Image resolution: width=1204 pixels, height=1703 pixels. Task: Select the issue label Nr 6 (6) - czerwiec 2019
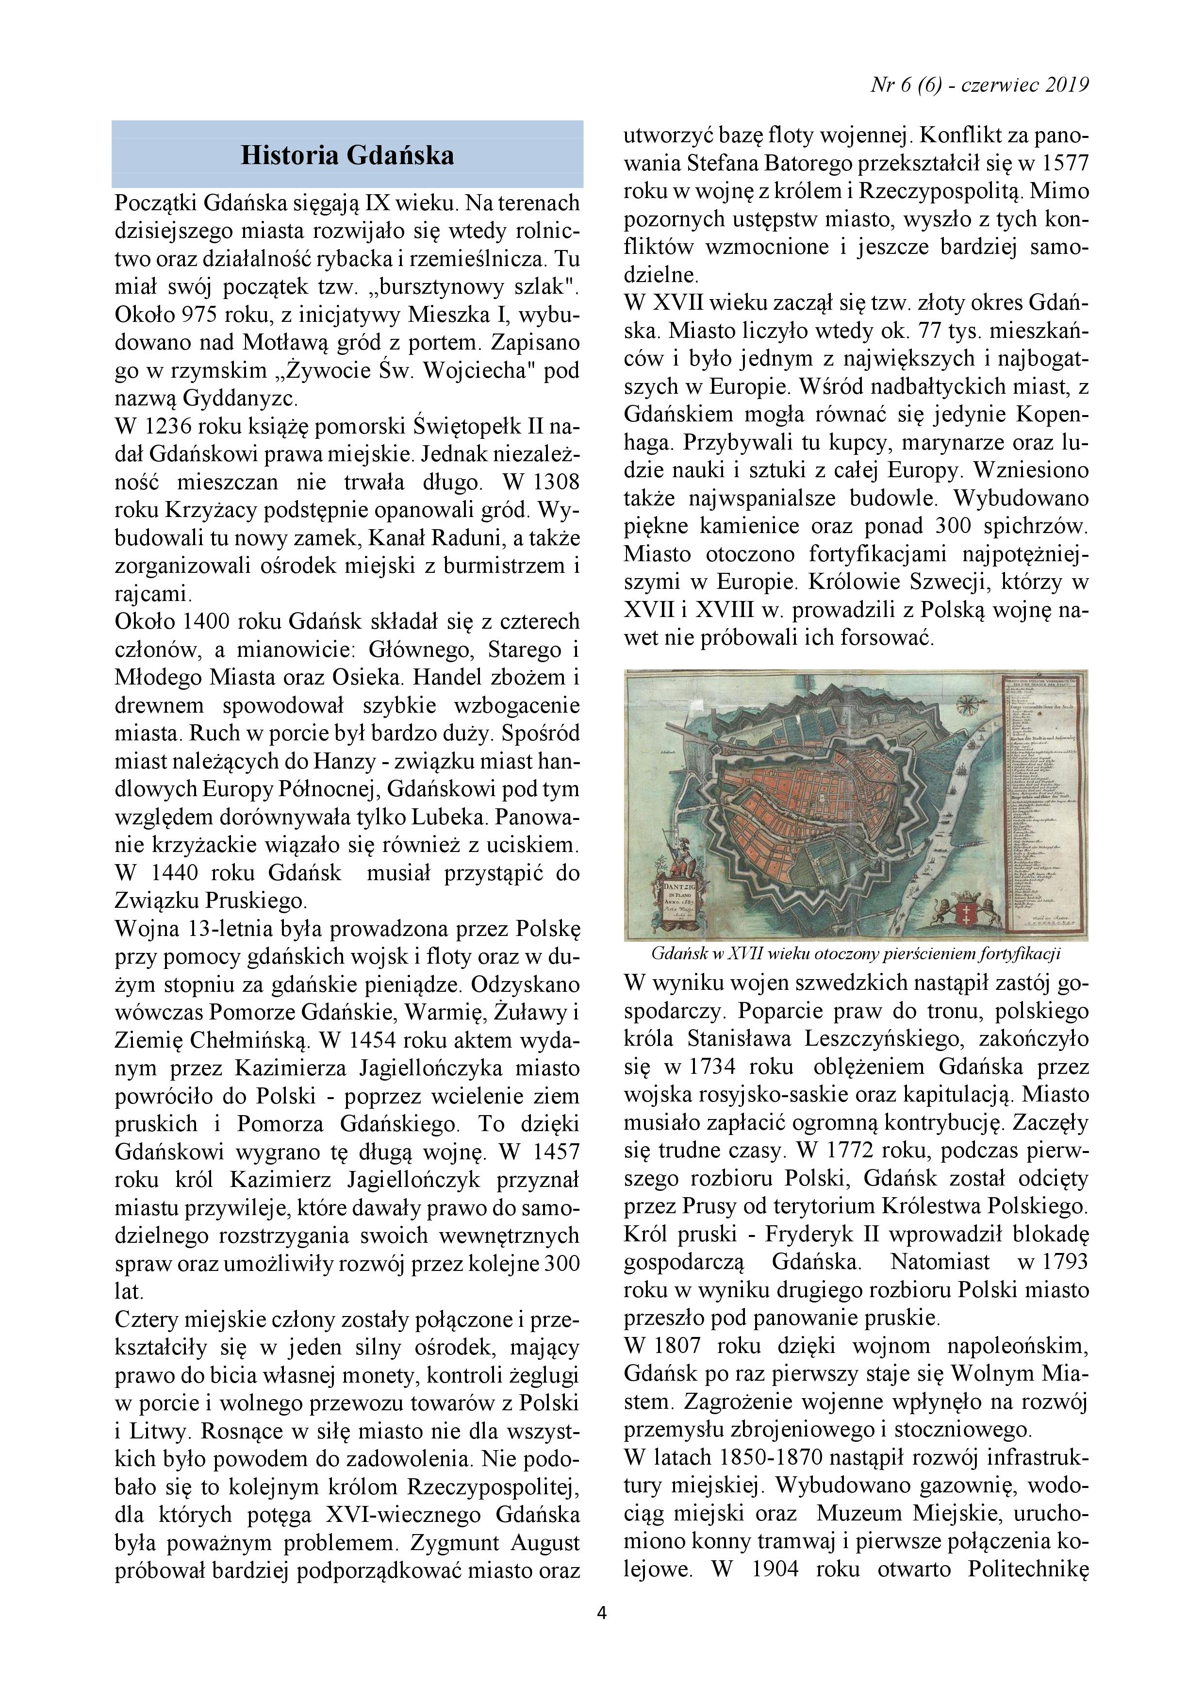click(979, 85)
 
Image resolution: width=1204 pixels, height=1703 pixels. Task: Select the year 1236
click(169, 427)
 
